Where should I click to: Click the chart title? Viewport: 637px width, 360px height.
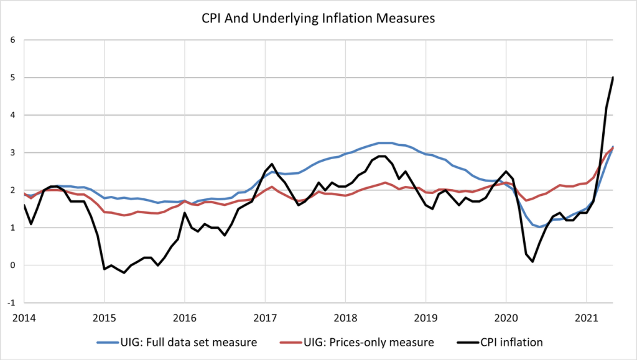click(318, 19)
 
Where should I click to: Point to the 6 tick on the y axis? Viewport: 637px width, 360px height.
click(13, 40)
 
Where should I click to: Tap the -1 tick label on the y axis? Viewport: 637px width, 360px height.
click(11, 303)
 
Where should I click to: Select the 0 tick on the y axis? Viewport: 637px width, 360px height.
click(13, 265)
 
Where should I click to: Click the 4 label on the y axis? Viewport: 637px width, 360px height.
click(13, 115)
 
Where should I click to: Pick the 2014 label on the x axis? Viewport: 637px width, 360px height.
click(24, 318)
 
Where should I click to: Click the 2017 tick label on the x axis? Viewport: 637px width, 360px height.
click(265, 318)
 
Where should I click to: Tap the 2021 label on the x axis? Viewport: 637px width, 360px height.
click(587, 318)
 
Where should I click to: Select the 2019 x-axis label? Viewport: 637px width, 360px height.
click(425, 318)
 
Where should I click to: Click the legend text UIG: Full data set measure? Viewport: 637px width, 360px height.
click(188, 343)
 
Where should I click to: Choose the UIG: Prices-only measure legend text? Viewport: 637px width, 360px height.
click(369, 343)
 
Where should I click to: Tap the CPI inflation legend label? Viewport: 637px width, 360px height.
click(511, 343)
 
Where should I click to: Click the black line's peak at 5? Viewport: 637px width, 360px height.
click(613, 77)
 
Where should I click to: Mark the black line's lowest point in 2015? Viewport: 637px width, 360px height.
click(124, 273)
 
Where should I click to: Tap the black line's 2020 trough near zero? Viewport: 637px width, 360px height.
click(532, 262)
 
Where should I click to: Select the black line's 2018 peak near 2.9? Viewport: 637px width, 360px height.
click(382, 156)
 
